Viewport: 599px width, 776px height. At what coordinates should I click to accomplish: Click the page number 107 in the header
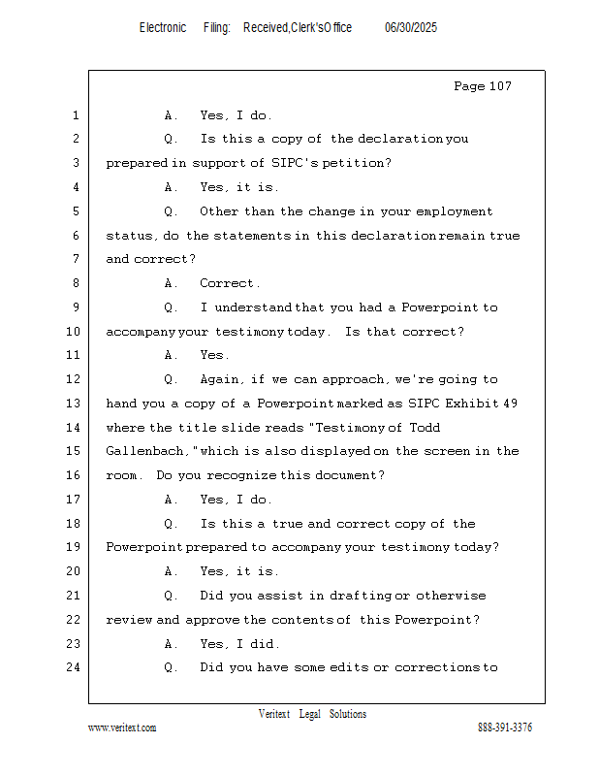click(500, 86)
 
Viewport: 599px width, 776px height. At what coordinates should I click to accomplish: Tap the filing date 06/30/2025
click(411, 28)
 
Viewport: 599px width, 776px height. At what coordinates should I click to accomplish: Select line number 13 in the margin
click(74, 404)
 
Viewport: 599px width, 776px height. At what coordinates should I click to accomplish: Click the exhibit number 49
click(511, 404)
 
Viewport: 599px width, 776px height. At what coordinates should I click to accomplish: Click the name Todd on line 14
click(425, 427)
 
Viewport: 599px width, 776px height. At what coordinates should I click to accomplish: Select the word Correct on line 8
click(227, 283)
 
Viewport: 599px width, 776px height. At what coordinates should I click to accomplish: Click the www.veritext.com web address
click(122, 727)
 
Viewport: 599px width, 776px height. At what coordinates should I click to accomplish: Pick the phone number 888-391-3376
click(505, 727)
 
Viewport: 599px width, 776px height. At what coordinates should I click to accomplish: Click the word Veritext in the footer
click(274, 714)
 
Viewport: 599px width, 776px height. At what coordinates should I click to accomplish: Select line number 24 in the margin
click(74, 667)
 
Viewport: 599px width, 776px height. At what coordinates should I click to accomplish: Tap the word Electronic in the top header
click(163, 28)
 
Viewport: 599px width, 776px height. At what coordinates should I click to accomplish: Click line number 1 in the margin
click(76, 115)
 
